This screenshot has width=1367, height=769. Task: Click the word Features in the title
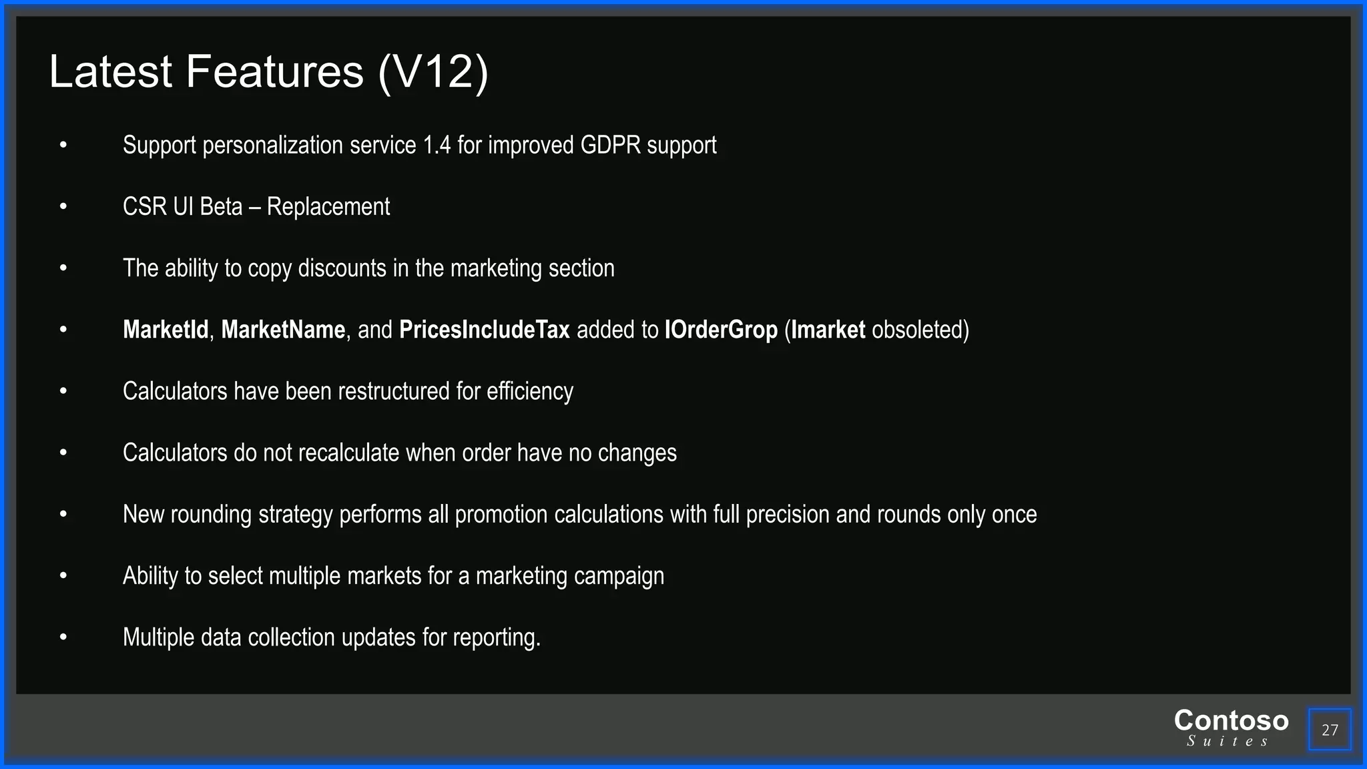(274, 71)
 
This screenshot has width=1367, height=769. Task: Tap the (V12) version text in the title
(433, 71)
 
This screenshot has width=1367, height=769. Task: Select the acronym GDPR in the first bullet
(610, 145)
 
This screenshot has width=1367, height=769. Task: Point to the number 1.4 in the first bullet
(437, 145)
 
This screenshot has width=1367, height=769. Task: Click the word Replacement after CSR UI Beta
(328, 207)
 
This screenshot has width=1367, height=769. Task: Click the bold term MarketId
(166, 330)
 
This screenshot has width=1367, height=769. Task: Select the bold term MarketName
(283, 330)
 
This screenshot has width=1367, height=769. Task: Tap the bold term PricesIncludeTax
(484, 330)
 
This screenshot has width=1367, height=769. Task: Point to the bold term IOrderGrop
(721, 330)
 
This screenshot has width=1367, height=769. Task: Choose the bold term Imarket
(828, 330)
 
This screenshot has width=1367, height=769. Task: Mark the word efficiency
(529, 391)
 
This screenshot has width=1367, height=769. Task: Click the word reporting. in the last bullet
(497, 637)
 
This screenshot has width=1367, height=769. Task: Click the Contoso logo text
(1231, 721)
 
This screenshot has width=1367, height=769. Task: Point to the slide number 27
(1330, 730)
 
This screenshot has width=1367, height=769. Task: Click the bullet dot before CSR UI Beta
(63, 207)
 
